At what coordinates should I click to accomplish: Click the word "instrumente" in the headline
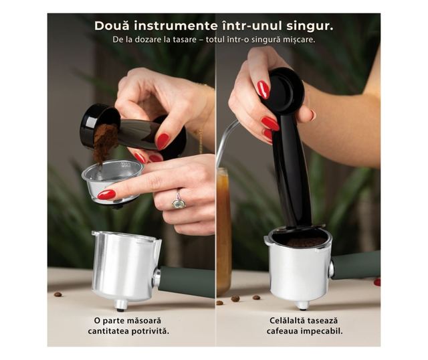(176, 26)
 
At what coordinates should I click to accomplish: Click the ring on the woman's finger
(179, 201)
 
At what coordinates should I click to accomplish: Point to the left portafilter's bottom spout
(120, 305)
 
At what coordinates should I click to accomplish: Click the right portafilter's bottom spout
(302, 305)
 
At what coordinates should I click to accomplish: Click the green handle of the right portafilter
(356, 265)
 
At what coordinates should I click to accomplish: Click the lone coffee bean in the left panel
(58, 294)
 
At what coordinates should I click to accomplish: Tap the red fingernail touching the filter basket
(107, 195)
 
